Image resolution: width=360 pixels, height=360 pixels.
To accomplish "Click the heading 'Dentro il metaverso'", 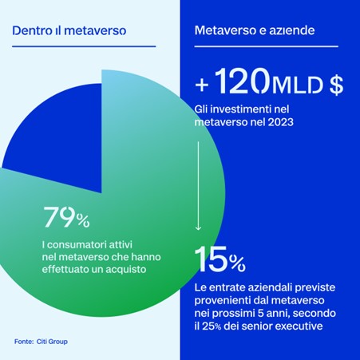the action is (69, 30).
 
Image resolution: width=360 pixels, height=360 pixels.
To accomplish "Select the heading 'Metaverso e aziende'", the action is (255, 30).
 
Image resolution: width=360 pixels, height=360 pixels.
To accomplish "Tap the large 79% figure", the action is (66, 217).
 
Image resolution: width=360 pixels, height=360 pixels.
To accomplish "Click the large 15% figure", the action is (220, 259).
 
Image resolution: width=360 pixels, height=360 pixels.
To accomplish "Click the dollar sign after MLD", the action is (336, 85).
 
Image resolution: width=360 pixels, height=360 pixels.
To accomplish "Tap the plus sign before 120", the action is (202, 85).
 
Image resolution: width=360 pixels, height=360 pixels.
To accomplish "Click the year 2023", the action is (280, 122).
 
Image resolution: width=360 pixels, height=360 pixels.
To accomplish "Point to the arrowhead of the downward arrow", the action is (198, 228).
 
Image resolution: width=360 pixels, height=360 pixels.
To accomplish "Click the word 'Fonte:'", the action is (24, 342).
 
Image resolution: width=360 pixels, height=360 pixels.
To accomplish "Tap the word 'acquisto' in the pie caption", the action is (126, 270).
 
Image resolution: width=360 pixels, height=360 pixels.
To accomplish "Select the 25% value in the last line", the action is (212, 326).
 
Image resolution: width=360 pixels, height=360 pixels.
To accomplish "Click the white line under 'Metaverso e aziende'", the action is (267, 46).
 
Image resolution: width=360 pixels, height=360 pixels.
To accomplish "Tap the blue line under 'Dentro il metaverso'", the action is (84, 46).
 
